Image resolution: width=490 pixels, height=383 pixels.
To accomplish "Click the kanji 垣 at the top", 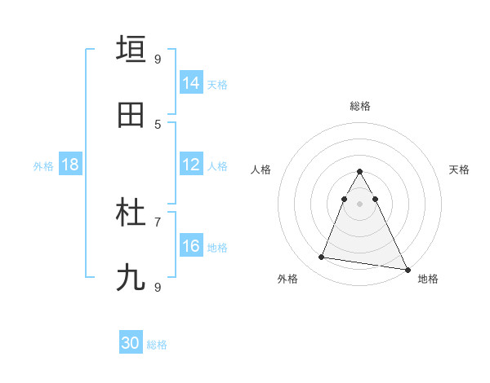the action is [131, 49].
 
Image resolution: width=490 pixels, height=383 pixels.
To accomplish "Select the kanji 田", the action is [131, 116].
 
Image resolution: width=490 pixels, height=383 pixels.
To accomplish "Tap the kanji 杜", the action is [131, 214].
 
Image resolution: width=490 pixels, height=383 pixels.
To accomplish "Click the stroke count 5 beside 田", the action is [158, 124].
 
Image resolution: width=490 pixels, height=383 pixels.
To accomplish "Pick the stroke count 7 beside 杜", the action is [158, 222].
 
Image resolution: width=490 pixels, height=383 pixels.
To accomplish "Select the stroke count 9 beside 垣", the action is [158, 59].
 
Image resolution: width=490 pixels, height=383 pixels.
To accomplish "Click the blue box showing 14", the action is [191, 83].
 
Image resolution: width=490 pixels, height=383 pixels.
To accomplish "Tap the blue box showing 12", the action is [191, 165].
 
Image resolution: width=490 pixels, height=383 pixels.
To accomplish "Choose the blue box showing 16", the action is [191, 246].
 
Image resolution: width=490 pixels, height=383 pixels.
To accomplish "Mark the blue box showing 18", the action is [70, 165].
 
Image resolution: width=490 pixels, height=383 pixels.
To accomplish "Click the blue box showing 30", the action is [131, 343].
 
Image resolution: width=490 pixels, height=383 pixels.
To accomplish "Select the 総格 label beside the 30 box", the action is [157, 345].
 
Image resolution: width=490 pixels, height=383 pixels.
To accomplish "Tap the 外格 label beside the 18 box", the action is [43, 165].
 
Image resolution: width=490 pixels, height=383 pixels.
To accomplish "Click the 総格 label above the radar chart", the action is [360, 106].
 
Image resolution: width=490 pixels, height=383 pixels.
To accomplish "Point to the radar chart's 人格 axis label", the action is [261, 169].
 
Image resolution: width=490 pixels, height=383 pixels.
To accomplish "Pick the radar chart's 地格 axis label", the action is [428, 279].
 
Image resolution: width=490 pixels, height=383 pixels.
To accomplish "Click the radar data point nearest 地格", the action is [408, 268].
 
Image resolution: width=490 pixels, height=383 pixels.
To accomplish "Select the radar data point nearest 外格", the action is [322, 258].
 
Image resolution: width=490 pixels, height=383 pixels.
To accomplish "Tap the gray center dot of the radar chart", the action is [360, 203].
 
